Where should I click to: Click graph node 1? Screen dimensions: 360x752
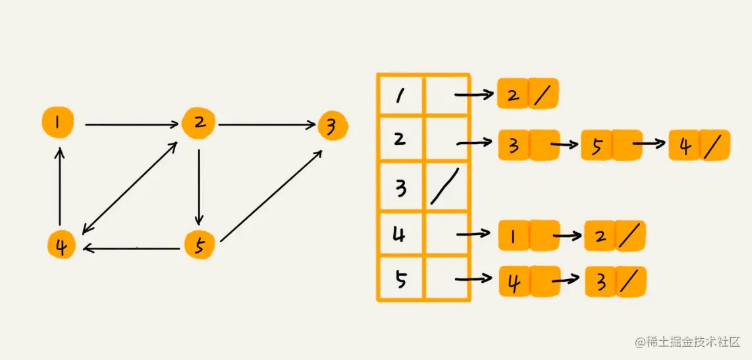(x=57, y=122)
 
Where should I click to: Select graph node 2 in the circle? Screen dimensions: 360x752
(x=197, y=123)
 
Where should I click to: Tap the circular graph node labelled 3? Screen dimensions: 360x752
(x=332, y=126)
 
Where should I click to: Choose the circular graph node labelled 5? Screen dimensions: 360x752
(x=199, y=245)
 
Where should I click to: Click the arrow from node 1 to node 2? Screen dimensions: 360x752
(x=132, y=124)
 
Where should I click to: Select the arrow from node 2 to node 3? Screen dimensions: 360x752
(x=267, y=124)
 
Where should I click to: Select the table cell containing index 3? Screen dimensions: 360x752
(x=400, y=188)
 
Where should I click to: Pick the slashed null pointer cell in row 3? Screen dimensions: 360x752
(x=446, y=188)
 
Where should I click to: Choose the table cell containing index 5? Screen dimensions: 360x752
(x=400, y=279)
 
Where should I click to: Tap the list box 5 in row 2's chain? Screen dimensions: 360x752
(x=597, y=145)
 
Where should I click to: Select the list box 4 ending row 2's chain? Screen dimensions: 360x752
(x=685, y=145)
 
